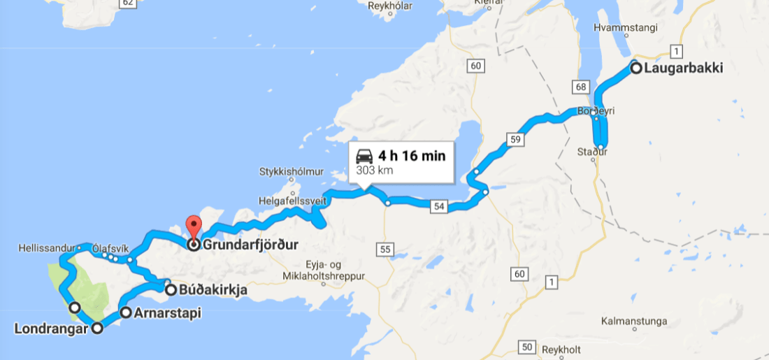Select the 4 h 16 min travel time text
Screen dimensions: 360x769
(x=411, y=155)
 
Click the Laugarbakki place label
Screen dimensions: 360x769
(x=683, y=69)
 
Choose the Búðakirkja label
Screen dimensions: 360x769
(x=213, y=289)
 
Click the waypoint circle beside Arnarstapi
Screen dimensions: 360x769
(x=125, y=312)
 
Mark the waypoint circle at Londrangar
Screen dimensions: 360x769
(x=97, y=329)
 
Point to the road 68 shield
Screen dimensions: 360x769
(x=580, y=87)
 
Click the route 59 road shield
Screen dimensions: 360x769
(x=516, y=140)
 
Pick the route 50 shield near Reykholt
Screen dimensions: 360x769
(x=528, y=347)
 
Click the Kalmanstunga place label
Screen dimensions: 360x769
(x=635, y=322)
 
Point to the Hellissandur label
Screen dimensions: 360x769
(x=47, y=247)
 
